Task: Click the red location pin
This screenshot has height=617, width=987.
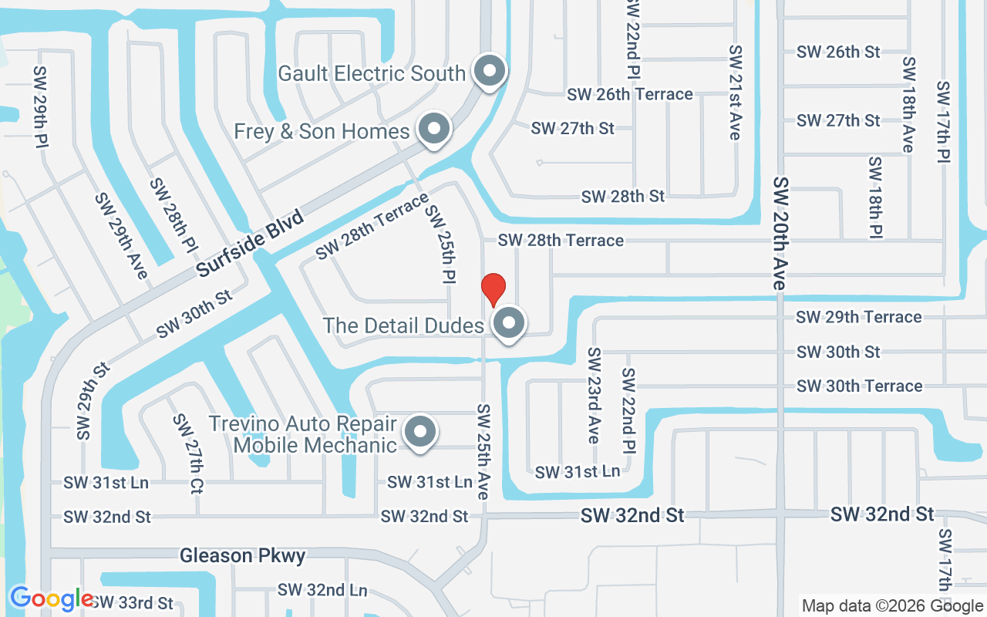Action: [x=493, y=289]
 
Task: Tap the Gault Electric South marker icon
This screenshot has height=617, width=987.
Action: [x=489, y=72]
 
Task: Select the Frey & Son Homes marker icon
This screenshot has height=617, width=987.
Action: [x=434, y=129]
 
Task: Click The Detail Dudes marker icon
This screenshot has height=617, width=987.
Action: [x=508, y=323]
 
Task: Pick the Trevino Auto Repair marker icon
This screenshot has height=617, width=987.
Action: [x=420, y=431]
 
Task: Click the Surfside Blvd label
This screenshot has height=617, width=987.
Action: [x=251, y=243]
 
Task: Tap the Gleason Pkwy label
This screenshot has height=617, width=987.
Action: [x=243, y=555]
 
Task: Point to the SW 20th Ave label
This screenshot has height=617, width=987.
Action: [x=781, y=233]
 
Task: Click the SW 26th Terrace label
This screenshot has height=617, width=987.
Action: [x=630, y=94]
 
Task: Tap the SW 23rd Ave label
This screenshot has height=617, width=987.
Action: [x=593, y=395]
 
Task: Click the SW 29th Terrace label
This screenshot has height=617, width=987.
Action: [x=858, y=317]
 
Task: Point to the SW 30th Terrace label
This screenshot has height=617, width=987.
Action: [x=859, y=386]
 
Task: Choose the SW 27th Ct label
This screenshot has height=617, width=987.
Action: [x=188, y=453]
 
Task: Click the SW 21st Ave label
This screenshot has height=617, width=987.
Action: [x=735, y=93]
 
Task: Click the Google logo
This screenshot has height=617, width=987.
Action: [x=52, y=598]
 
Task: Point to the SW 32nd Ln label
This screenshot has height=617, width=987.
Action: [x=322, y=590]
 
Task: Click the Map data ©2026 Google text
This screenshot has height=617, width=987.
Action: [x=892, y=605]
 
